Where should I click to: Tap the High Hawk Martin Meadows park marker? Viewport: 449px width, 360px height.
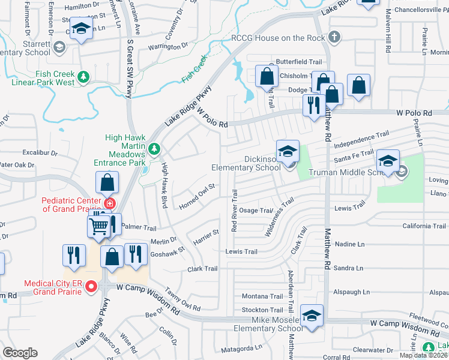coord(154,148)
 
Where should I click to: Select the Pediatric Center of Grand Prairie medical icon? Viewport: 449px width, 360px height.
coord(109,204)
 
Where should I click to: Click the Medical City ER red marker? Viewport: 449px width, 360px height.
coord(91,287)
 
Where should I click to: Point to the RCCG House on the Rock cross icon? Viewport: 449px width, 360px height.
coord(334,38)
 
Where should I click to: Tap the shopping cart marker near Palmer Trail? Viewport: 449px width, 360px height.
coord(100,226)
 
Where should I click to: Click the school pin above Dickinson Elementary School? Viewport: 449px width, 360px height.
coord(288,150)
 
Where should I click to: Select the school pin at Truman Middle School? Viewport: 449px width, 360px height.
coord(388,161)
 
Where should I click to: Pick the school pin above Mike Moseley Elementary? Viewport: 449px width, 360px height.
coord(312,316)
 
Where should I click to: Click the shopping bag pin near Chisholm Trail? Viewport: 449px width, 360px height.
coord(267,77)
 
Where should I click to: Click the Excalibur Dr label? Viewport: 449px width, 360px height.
coord(40,153)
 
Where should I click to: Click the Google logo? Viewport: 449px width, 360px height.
coord(20,353)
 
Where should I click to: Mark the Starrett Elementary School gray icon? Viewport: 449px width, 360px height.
coord(59,47)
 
